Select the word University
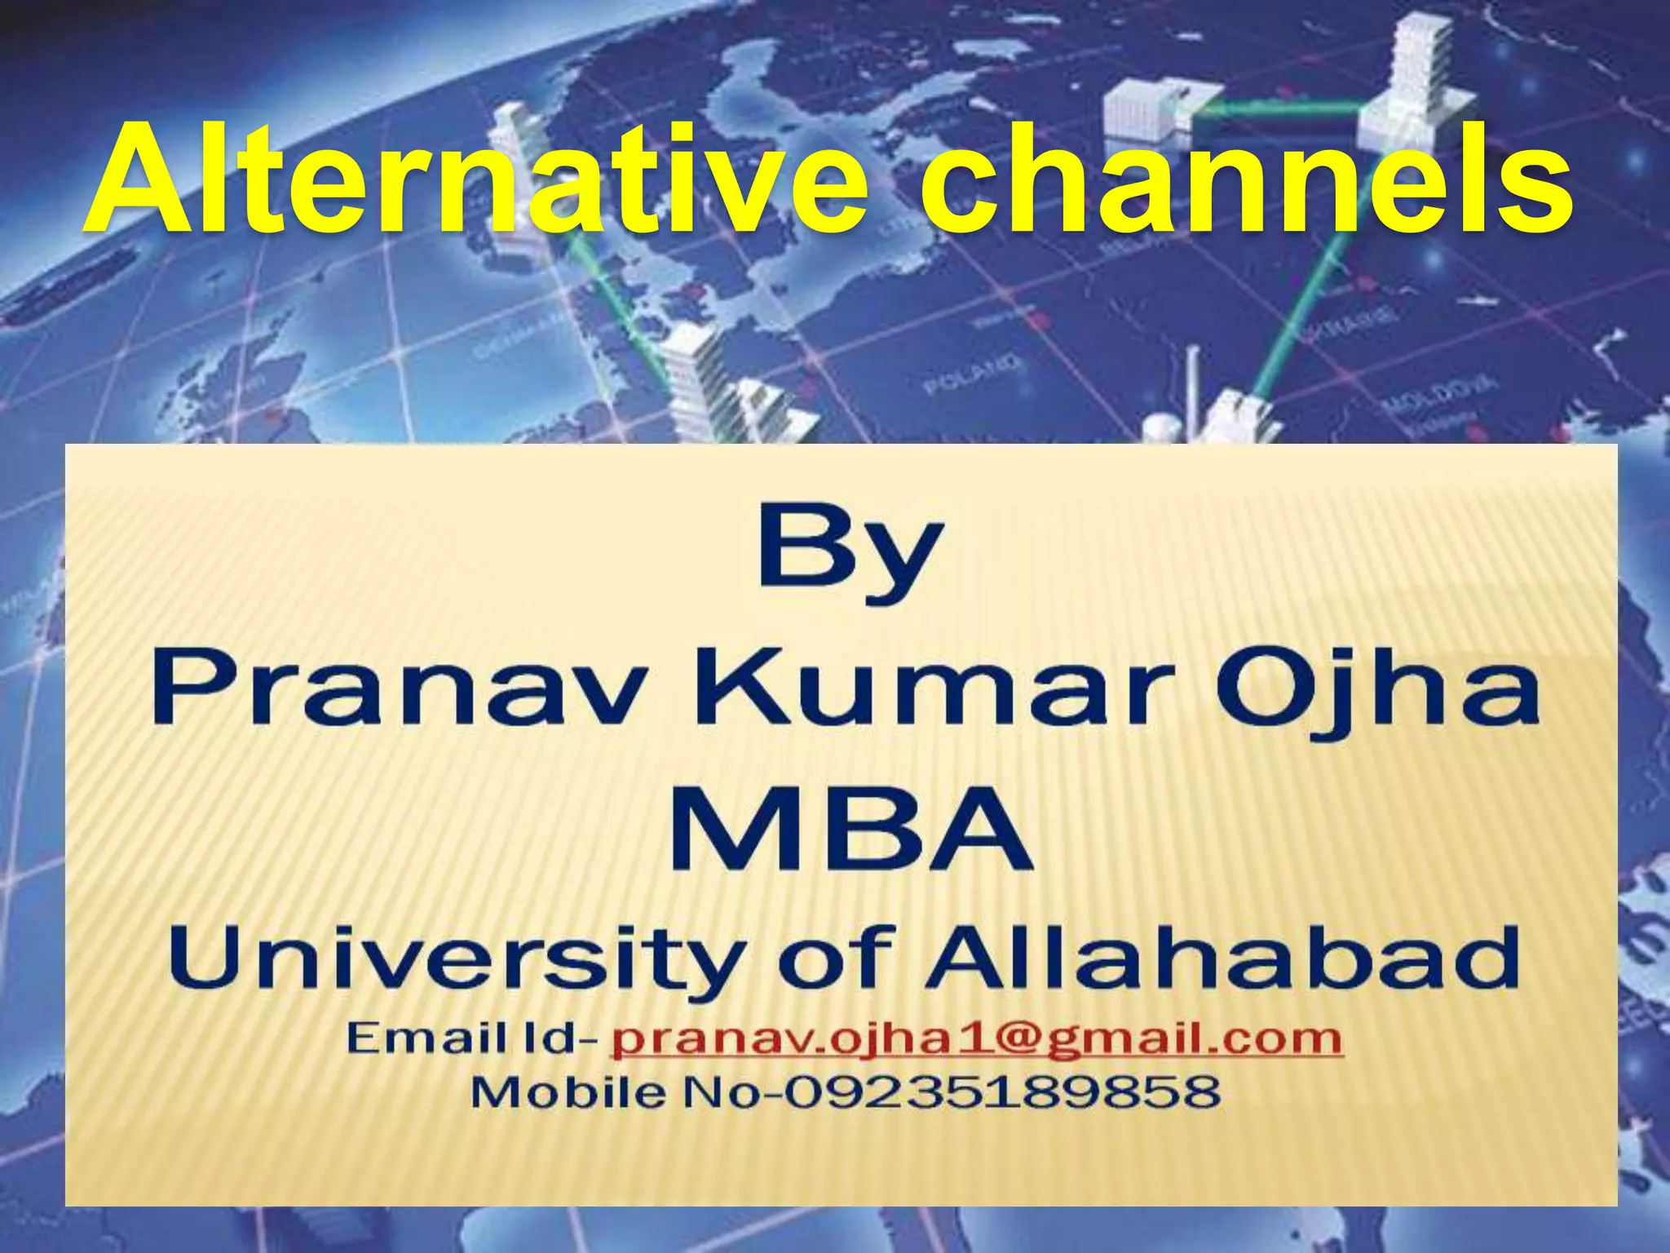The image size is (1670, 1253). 457,961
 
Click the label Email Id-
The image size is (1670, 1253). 473,1039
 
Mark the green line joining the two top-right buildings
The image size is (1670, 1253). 1280,106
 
